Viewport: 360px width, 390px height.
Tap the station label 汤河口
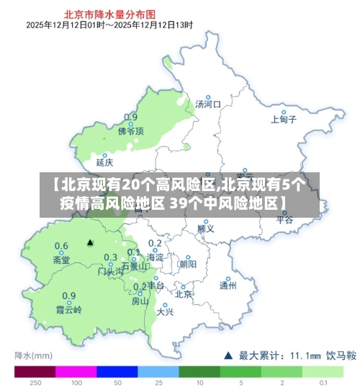[x=207, y=105]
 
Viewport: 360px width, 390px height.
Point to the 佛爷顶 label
[x=131, y=131]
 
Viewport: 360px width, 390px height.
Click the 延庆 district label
[x=105, y=162]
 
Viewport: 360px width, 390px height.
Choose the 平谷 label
[x=285, y=220]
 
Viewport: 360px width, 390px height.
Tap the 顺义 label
[x=205, y=229]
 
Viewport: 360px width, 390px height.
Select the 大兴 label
[x=165, y=311]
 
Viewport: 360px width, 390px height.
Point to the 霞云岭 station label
[x=69, y=310]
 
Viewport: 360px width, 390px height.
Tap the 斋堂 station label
[x=61, y=260]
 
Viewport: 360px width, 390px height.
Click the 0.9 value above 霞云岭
[x=69, y=296]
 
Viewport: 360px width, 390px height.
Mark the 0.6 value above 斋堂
[x=61, y=246]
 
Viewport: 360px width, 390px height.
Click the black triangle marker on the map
[x=90, y=242]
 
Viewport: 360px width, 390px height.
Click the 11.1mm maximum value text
[x=305, y=355]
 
